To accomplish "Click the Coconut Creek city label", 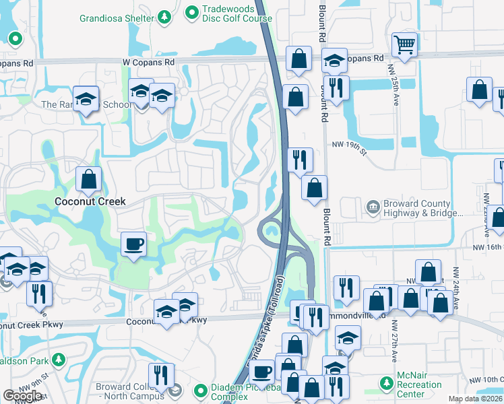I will coord(90,201).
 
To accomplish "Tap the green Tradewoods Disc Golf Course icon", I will coord(192,12).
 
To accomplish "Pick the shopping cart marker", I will coord(404,45).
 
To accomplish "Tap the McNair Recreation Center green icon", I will coord(386,384).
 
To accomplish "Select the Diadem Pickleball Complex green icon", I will coord(200,391).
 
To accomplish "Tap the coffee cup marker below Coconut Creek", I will coord(135,243).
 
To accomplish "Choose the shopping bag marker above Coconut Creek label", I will coord(88,180).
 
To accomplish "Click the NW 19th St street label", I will coord(348,145).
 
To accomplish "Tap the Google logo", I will coord(22,396).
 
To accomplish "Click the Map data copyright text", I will coord(475,399).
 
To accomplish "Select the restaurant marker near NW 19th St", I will coord(300,160).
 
